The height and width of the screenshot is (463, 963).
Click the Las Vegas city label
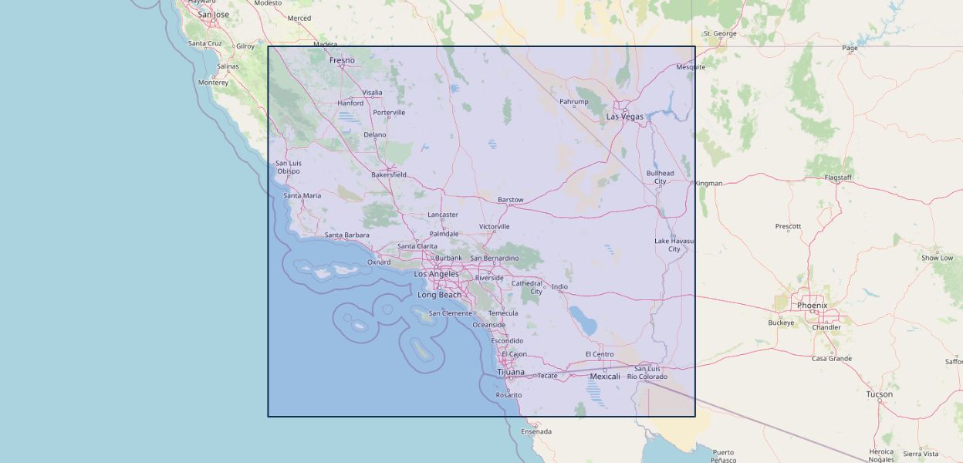pyautogui.click(x=624, y=117)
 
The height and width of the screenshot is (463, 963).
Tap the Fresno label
pyautogui.click(x=342, y=60)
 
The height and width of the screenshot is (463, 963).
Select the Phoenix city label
pyautogui.click(x=812, y=306)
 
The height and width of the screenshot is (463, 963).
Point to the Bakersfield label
pyautogui.click(x=389, y=174)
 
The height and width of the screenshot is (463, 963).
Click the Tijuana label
pyautogui.click(x=510, y=372)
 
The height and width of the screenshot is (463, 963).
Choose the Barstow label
pyautogui.click(x=510, y=200)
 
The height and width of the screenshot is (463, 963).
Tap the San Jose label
pyautogui.click(x=214, y=15)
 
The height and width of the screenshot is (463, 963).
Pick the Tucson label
pyautogui.click(x=879, y=394)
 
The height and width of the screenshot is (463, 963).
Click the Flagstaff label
pyautogui.click(x=838, y=177)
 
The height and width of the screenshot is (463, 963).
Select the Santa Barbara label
pyautogui.click(x=346, y=235)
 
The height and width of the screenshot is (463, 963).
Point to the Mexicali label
pyautogui.click(x=604, y=377)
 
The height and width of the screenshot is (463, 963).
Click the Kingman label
pyautogui.click(x=708, y=184)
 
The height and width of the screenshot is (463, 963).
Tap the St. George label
pyautogui.click(x=720, y=34)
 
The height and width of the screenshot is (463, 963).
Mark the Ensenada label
pyautogui.click(x=536, y=431)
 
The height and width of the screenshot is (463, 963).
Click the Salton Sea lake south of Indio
pyautogui.click(x=584, y=320)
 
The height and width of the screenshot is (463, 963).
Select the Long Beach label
pyautogui.click(x=439, y=295)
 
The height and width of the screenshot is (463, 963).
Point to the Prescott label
pyautogui.click(x=788, y=226)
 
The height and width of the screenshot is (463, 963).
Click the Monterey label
pyautogui.click(x=213, y=83)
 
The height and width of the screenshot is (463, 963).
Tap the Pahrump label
pyautogui.click(x=573, y=102)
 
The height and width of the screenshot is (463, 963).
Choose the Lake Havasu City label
pyautogui.click(x=674, y=245)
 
